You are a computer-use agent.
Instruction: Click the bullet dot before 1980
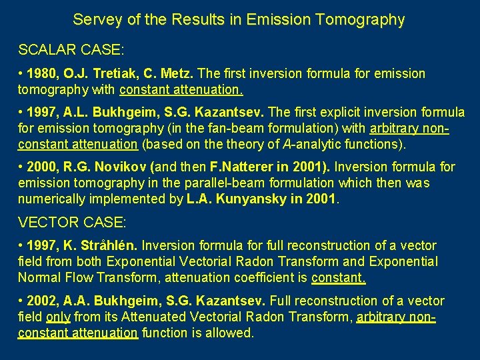tap(21, 74)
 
